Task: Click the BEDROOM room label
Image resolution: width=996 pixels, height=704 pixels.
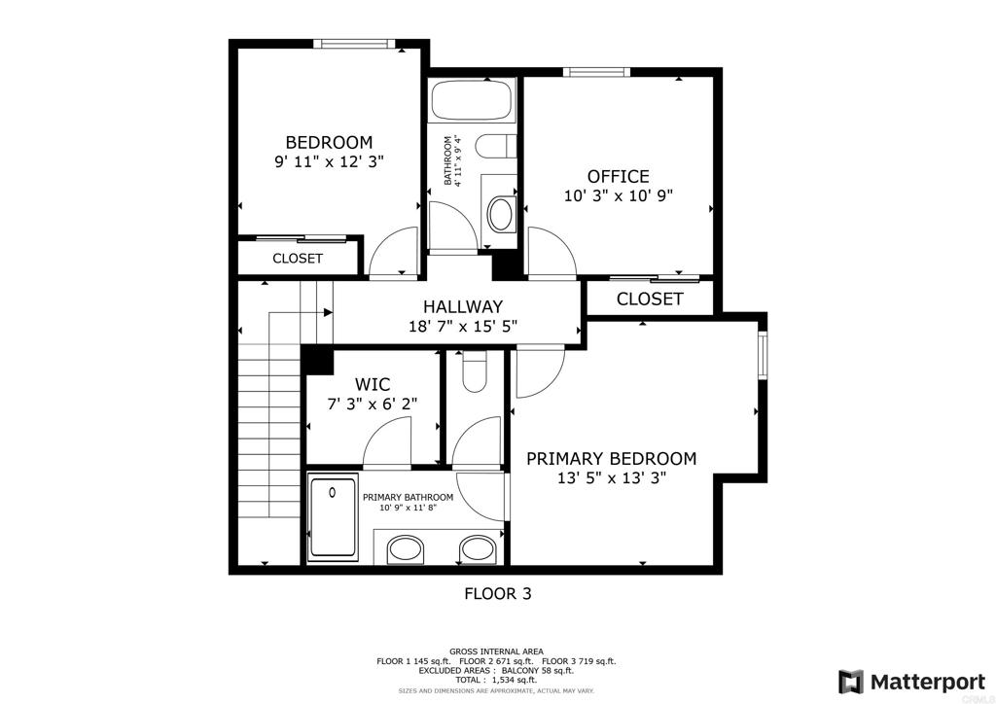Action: tap(328, 142)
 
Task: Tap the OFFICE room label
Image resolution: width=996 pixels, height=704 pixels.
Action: tap(618, 176)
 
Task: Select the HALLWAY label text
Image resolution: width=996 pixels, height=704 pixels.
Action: tap(462, 305)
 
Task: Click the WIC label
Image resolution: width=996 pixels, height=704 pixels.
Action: tap(373, 384)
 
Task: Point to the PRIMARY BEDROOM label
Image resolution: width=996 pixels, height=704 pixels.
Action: tap(611, 458)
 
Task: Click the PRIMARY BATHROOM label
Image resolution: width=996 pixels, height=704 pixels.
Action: tap(408, 497)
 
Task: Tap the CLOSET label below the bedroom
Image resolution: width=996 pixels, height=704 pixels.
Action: tap(297, 259)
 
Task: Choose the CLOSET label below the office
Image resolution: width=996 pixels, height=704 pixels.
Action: tap(649, 299)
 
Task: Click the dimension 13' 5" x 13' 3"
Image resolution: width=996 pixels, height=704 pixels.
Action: tap(611, 477)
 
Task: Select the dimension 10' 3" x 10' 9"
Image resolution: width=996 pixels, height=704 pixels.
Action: tap(618, 195)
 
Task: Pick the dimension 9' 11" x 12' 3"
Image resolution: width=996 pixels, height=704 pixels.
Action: tap(328, 162)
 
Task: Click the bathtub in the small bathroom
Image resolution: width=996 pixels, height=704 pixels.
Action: tap(471, 101)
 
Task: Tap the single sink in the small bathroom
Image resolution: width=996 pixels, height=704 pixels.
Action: tap(500, 213)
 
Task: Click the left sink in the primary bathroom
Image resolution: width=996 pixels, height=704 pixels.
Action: tap(407, 549)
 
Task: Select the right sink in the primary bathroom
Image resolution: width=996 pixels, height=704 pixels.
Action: tap(477, 549)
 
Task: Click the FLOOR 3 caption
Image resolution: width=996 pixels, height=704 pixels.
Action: tap(497, 593)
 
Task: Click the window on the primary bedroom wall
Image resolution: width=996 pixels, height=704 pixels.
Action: tap(763, 356)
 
